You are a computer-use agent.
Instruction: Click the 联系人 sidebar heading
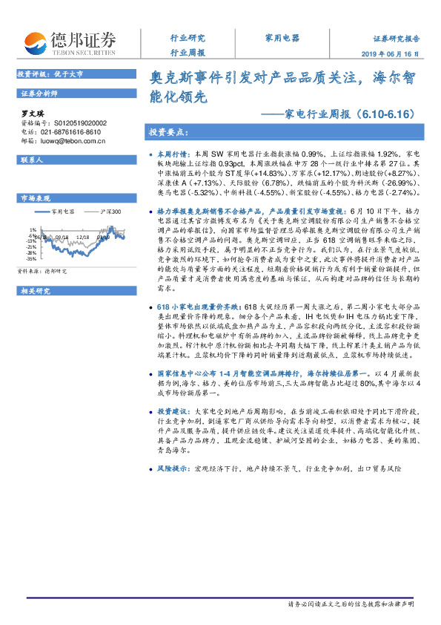click(33, 160)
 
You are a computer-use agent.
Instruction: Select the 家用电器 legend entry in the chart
click(63, 212)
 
